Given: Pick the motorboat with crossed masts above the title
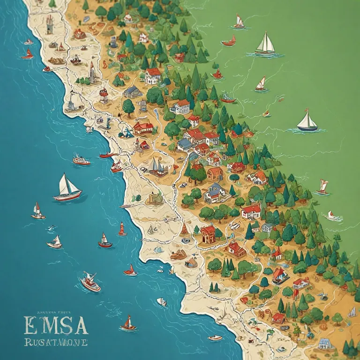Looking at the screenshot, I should pyautogui.click(x=90, y=282).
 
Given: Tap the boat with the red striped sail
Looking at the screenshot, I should pyautogui.click(x=122, y=229).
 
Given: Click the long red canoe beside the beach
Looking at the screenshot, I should pyautogui.click(x=108, y=155).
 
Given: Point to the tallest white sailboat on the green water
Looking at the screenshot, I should pyautogui.click(x=266, y=45).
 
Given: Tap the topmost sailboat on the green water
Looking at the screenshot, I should pyautogui.click(x=239, y=22).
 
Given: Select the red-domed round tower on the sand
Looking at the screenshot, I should pyautogui.click(x=104, y=95).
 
